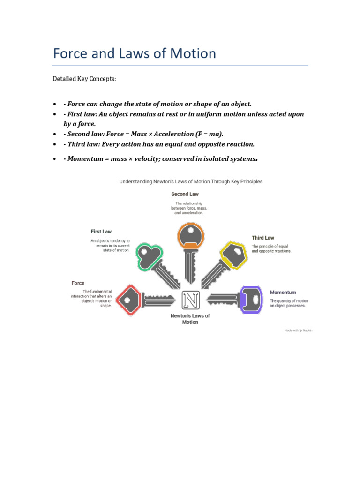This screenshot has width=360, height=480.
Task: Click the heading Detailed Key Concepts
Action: coord(84,79)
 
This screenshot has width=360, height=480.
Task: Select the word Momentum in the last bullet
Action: coord(85,159)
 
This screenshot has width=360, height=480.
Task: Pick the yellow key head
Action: coord(233,255)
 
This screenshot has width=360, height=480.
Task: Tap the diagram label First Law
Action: coord(101,231)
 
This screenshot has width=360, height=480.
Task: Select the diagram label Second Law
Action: coord(185,194)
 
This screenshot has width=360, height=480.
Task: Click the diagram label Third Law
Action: coord(263,238)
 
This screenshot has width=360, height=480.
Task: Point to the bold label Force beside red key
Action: coord(78,283)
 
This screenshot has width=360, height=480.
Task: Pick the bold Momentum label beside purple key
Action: coord(283,292)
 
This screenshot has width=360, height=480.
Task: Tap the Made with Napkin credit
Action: coord(298,330)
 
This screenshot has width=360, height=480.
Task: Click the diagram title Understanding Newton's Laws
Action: coord(191,181)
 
